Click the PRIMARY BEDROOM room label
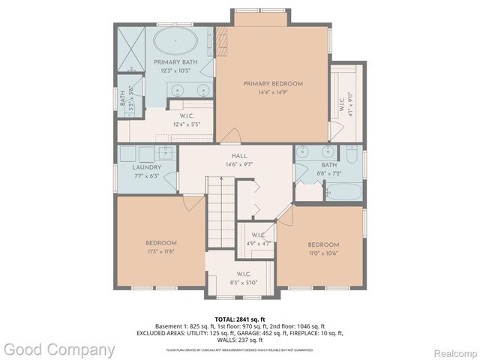point(272,83)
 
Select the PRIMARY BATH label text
point(176,61)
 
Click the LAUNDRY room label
point(146,167)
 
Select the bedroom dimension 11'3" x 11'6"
point(160,252)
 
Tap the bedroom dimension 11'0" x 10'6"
point(322,253)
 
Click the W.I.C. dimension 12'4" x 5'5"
point(187,124)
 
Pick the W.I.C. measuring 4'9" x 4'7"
point(258,243)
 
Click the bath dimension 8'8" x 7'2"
point(329,173)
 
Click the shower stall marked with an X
point(133,46)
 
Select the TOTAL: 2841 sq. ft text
point(239,318)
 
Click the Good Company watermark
point(59,349)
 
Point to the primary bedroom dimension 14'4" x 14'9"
point(272,93)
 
